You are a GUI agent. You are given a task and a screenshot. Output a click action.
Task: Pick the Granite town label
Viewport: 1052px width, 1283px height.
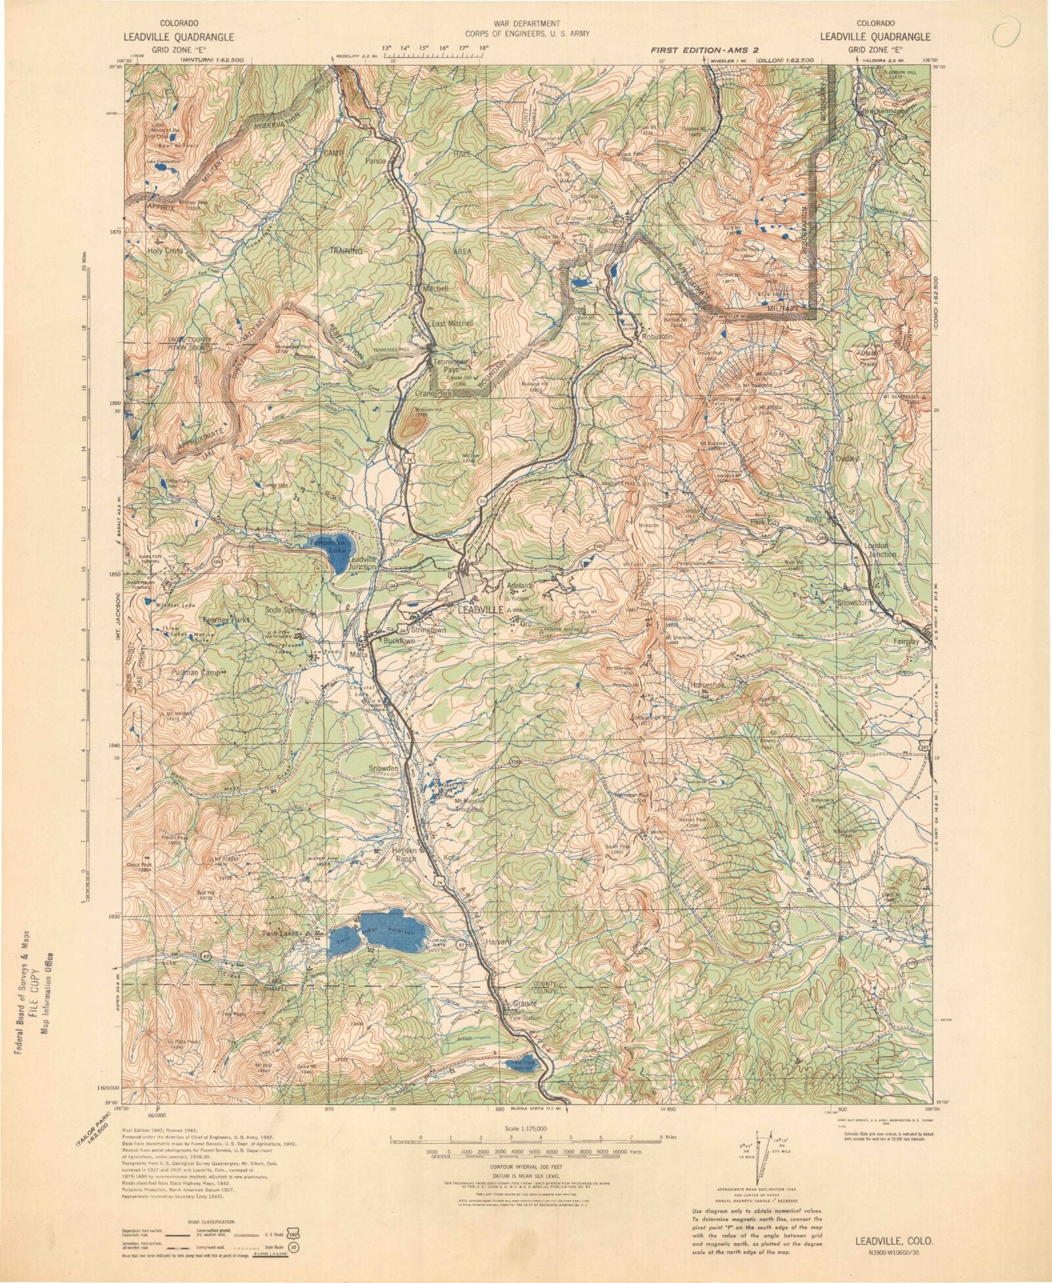tap(525, 1004)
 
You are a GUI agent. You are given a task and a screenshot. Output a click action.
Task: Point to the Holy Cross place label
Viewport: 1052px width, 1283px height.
tap(165, 250)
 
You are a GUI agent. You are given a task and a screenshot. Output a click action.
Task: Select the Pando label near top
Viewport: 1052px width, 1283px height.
tap(376, 160)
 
